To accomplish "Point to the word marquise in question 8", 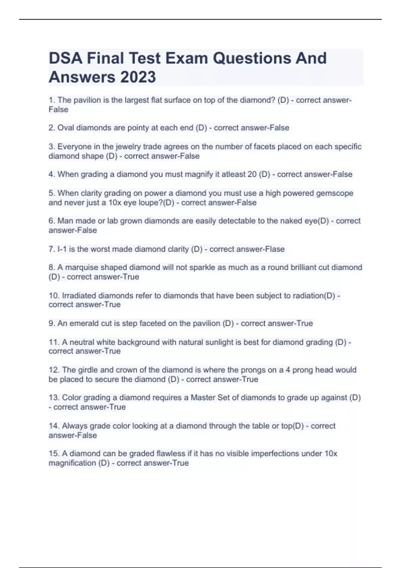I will click(x=82, y=268).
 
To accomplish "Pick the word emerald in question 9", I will click(x=88, y=323).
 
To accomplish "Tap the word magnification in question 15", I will click(x=72, y=463).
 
